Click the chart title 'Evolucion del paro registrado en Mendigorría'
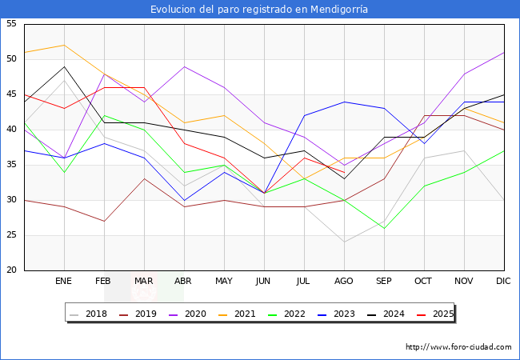[x=260, y=9]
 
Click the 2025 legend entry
[x=436, y=314]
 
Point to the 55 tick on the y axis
[x=11, y=24]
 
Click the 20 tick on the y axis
[x=11, y=270]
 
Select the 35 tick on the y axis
[x=11, y=165]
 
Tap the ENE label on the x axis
[x=64, y=282]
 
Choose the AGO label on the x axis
[x=344, y=282]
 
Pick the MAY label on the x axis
[x=224, y=282]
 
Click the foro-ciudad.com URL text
[x=458, y=347]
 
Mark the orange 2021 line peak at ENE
[x=64, y=45]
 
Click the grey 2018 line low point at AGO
[x=344, y=242]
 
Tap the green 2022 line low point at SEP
[x=384, y=228]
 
